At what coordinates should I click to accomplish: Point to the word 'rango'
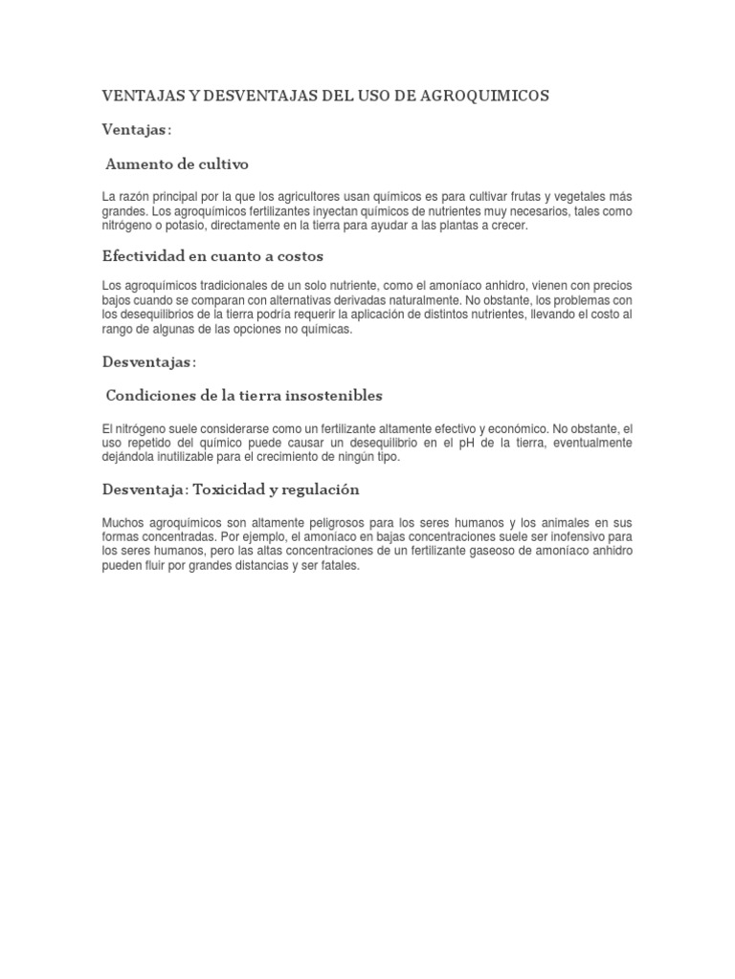click(119, 329)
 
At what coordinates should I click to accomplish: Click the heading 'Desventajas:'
click(148, 361)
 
